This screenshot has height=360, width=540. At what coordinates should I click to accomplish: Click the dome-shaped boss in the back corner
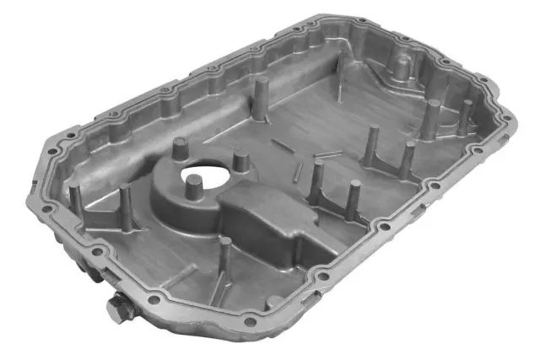click(x=402, y=63)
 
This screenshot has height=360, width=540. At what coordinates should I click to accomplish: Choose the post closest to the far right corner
click(x=465, y=116)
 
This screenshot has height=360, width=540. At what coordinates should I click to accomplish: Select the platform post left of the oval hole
click(x=178, y=149)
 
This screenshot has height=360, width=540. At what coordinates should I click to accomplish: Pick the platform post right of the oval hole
click(x=240, y=160)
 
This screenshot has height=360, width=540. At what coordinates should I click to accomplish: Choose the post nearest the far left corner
click(x=74, y=196)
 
